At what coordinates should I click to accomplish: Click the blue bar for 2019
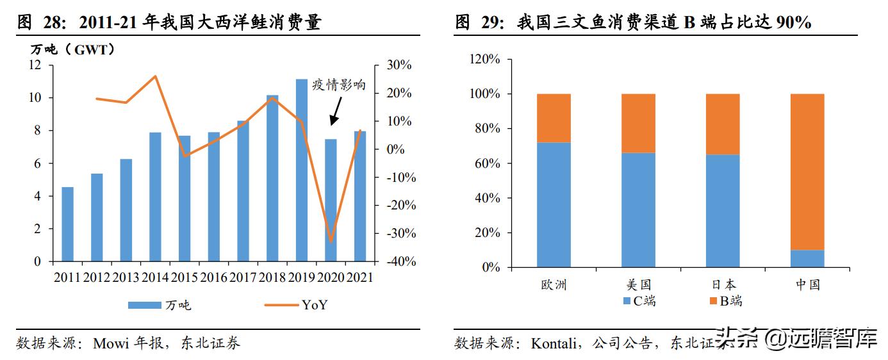point(301,170)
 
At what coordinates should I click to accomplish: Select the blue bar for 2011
point(67,224)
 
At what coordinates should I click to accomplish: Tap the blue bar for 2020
point(331,200)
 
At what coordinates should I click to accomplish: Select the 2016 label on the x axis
point(213,277)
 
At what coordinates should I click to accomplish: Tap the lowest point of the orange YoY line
point(331,241)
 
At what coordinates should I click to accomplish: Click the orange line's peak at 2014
point(155,76)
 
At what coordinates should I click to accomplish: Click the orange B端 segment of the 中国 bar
point(807,172)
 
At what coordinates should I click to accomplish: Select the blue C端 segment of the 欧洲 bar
point(554,205)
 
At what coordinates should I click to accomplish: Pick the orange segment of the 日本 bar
point(723,124)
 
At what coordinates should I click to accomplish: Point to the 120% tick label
point(485,60)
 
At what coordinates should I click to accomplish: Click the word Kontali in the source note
point(555,343)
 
